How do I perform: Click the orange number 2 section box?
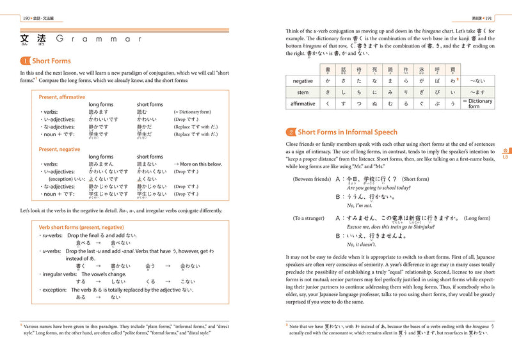click(291, 132)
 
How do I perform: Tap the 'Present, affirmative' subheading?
click(61, 97)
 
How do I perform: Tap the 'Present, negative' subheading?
click(60, 149)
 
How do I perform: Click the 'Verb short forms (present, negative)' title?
click(85, 227)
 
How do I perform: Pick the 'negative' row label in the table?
click(302, 81)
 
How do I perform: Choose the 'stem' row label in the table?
click(302, 92)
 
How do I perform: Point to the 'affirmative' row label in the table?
click(302, 103)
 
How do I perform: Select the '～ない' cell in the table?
click(477, 81)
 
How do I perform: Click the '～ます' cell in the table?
click(477, 92)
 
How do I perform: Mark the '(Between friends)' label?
click(312, 179)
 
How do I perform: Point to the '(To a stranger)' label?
click(309, 218)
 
